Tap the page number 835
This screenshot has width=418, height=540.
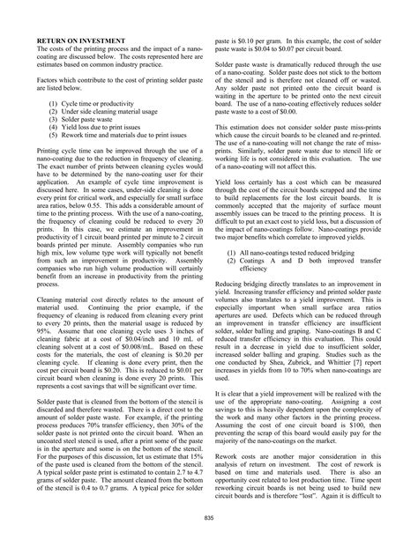click(x=208, y=516)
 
